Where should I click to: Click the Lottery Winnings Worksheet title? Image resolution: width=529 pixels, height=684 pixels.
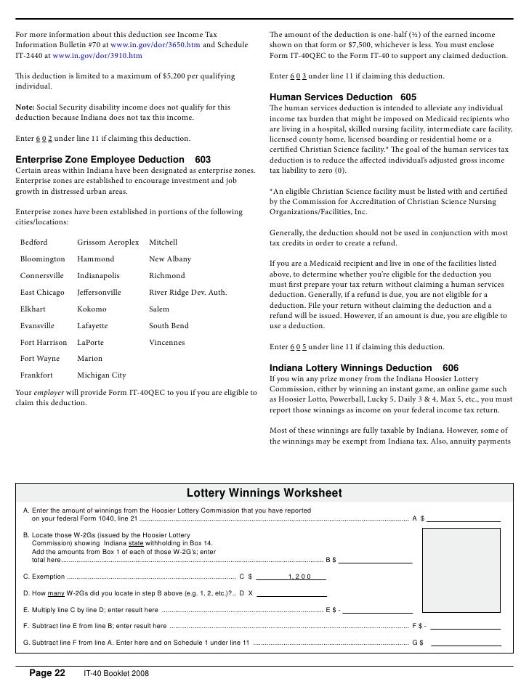click(264, 494)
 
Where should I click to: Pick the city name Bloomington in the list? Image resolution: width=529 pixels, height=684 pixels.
click(42, 259)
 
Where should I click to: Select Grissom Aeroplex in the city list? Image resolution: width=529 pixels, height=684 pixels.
click(108, 243)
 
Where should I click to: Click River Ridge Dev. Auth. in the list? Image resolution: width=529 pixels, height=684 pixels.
click(187, 293)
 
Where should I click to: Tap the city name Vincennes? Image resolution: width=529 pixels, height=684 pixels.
click(166, 343)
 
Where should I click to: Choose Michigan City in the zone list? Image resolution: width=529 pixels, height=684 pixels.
click(101, 375)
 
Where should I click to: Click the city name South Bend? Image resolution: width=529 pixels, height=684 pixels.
click(169, 326)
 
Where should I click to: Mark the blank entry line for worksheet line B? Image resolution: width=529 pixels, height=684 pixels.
click(376, 560)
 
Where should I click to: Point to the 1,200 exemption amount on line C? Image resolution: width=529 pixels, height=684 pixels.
click(299, 577)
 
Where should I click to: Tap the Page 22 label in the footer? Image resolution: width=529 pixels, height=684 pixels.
click(47, 673)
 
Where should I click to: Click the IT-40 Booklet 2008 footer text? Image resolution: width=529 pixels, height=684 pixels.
click(116, 674)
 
